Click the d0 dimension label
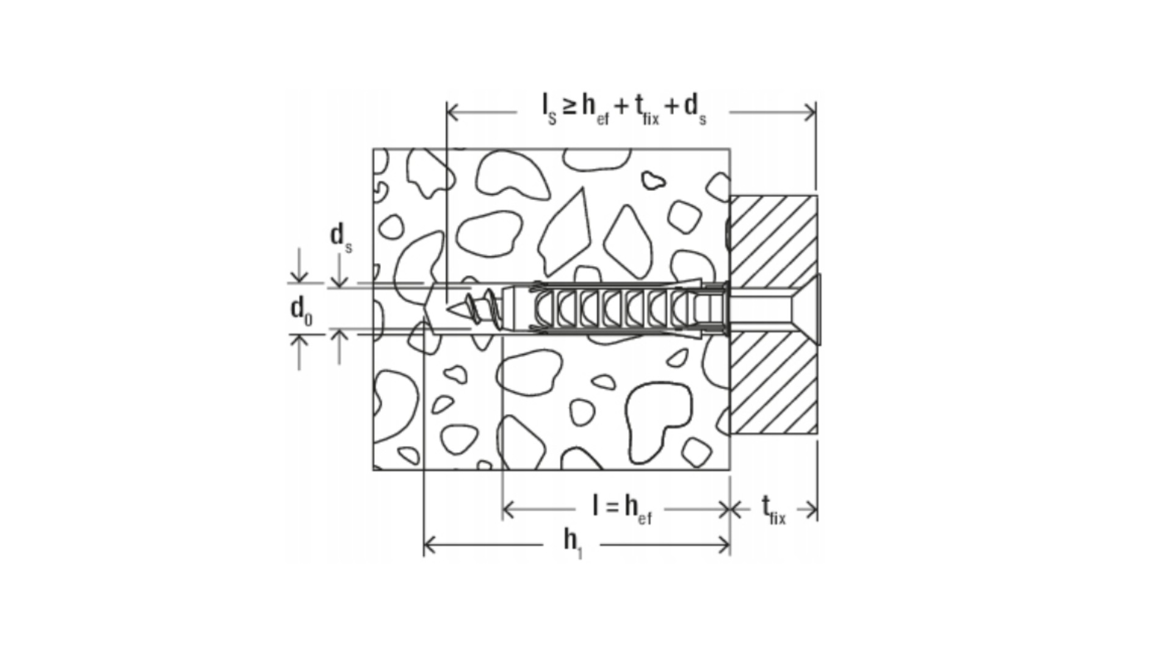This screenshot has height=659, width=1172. (301, 310)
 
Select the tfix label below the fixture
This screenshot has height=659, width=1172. (773, 510)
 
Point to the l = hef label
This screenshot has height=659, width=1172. (623, 509)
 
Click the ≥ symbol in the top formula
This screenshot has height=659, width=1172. (569, 107)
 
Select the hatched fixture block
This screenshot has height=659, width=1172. (773, 315)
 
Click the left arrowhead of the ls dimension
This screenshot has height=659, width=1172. (453, 112)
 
